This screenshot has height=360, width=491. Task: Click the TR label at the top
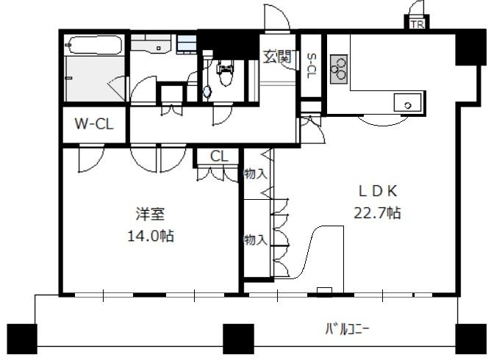coord(417,24)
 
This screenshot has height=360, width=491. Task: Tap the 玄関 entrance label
coord(278,57)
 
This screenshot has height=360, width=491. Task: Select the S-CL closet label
coord(312,66)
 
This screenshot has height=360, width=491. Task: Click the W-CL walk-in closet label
coord(94,124)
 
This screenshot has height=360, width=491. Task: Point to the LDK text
coord(378,191)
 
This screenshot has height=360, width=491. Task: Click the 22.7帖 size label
coord(377,213)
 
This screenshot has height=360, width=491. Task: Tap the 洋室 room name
coord(150,214)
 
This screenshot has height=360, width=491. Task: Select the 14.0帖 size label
coord(151,236)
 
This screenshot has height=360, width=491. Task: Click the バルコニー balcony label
coord(347,329)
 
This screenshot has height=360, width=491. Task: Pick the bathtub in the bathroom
coord(94,46)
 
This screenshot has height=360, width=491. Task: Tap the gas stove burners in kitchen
coord(339,69)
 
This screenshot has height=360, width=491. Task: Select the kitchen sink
coord(407,102)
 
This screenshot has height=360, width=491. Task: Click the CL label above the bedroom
coord(220,156)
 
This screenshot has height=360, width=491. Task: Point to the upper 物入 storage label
coord(256,173)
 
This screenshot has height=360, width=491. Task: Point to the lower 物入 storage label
coord(256,240)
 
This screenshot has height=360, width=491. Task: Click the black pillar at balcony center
coord(238,339)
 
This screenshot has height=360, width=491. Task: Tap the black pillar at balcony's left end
coord(22,339)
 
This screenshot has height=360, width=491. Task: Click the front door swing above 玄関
coord(277,17)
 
